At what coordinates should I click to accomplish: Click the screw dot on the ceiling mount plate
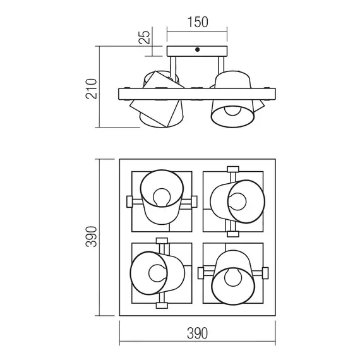[197, 49]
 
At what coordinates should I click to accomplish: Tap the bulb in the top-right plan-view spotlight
[239, 201]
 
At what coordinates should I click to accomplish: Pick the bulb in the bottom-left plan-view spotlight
[154, 273]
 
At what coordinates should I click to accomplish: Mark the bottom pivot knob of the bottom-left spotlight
[160, 306]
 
